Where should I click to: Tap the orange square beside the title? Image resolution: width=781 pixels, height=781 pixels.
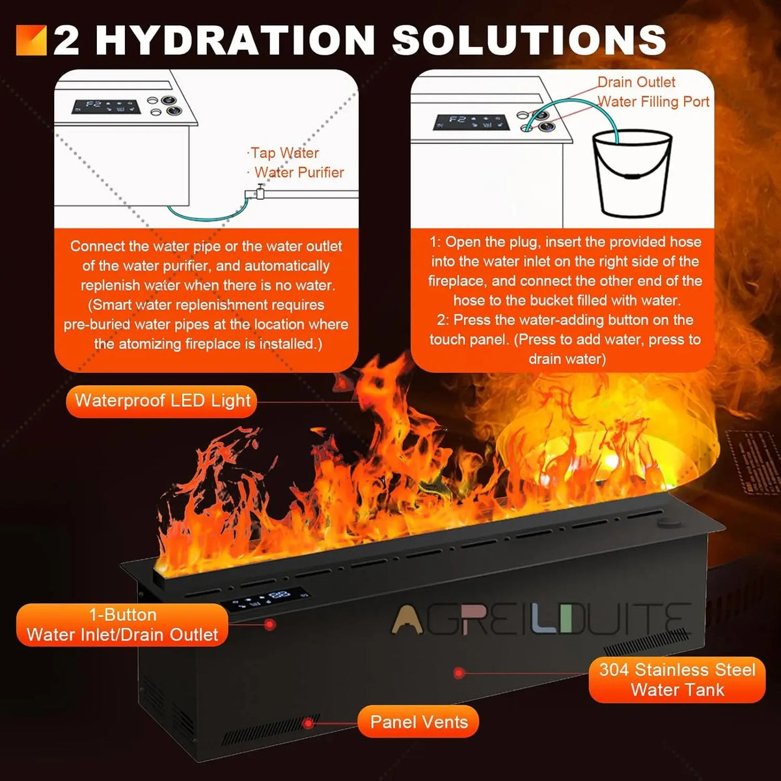pos(31,40)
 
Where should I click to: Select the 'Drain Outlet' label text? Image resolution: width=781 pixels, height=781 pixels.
pos(637,82)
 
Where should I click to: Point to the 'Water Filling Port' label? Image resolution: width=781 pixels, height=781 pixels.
pos(653,102)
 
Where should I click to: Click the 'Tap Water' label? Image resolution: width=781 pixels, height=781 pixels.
pos(284,153)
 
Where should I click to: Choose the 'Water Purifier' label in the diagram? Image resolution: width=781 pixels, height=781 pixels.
pos(299,172)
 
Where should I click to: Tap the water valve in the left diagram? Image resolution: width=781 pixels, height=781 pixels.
pos(260,191)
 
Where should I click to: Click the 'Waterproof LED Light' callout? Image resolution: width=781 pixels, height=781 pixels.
pos(161,401)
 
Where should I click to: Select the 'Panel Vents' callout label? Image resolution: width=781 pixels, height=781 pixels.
pos(418,722)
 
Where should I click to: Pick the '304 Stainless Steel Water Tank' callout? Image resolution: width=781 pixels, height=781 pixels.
pos(678,679)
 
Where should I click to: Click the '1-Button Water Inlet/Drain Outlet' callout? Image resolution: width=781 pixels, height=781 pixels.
pos(122,625)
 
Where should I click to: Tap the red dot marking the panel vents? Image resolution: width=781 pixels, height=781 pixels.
pos(308,723)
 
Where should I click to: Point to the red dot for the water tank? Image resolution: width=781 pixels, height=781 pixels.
pos(458,673)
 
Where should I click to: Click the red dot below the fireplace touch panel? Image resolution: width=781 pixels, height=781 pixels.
pos(270,625)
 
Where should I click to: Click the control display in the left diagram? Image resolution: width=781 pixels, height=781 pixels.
pos(106,107)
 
